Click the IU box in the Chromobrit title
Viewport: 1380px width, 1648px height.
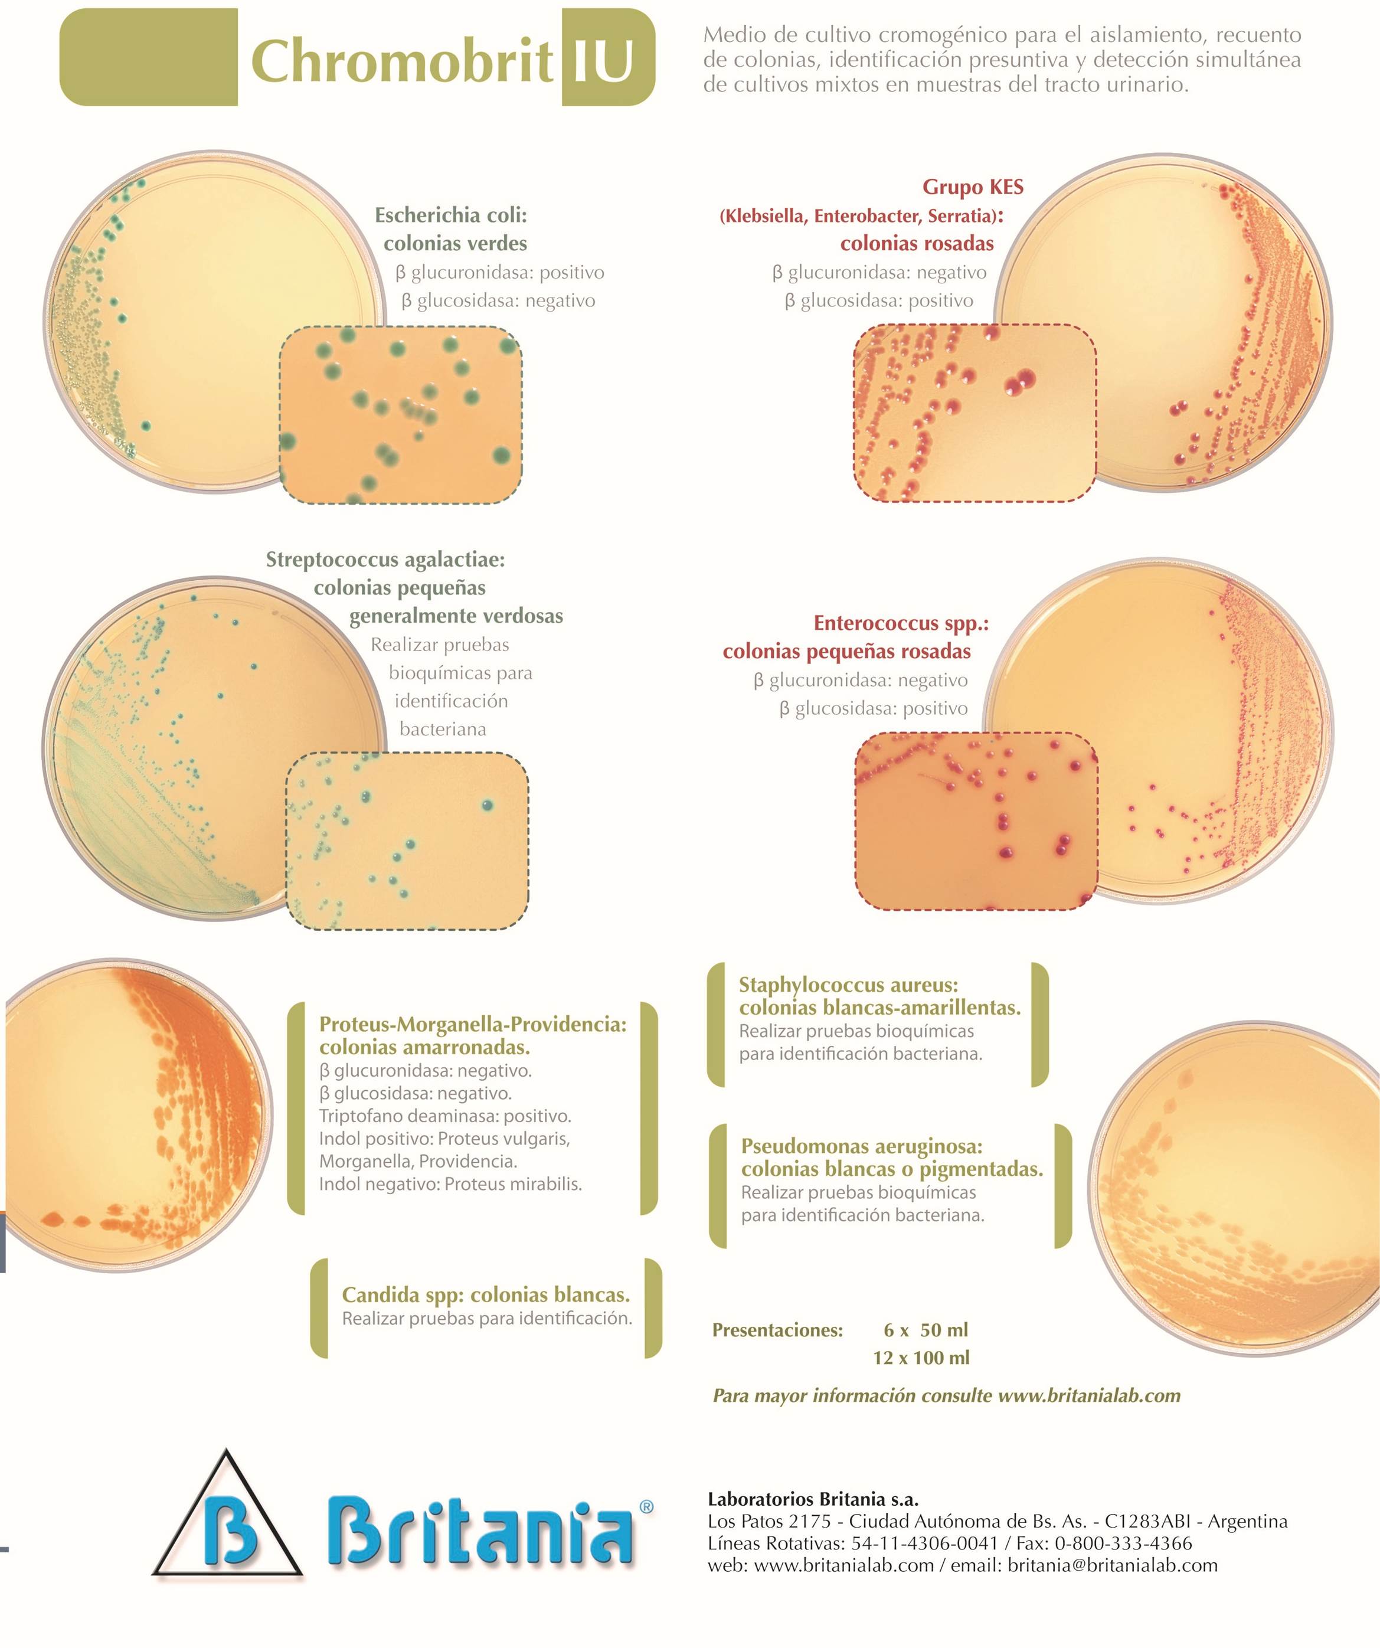coord(608,57)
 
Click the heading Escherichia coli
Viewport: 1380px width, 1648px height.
coord(450,215)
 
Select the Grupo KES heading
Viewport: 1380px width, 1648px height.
coord(973,187)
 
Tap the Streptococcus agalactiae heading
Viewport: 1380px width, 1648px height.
coord(385,560)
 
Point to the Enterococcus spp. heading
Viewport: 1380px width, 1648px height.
coord(901,623)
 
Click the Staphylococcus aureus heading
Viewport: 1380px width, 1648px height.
coord(848,985)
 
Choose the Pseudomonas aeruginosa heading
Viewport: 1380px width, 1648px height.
coord(861,1146)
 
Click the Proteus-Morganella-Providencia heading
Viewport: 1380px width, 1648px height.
coord(472,1024)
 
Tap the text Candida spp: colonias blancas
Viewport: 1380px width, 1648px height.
coord(486,1295)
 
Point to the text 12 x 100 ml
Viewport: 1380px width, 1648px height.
coord(921,1358)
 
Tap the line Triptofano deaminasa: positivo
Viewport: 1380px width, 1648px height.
coord(445,1116)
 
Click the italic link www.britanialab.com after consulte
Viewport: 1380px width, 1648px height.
coord(1089,1395)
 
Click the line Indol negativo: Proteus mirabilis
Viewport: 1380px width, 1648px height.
coord(450,1184)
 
